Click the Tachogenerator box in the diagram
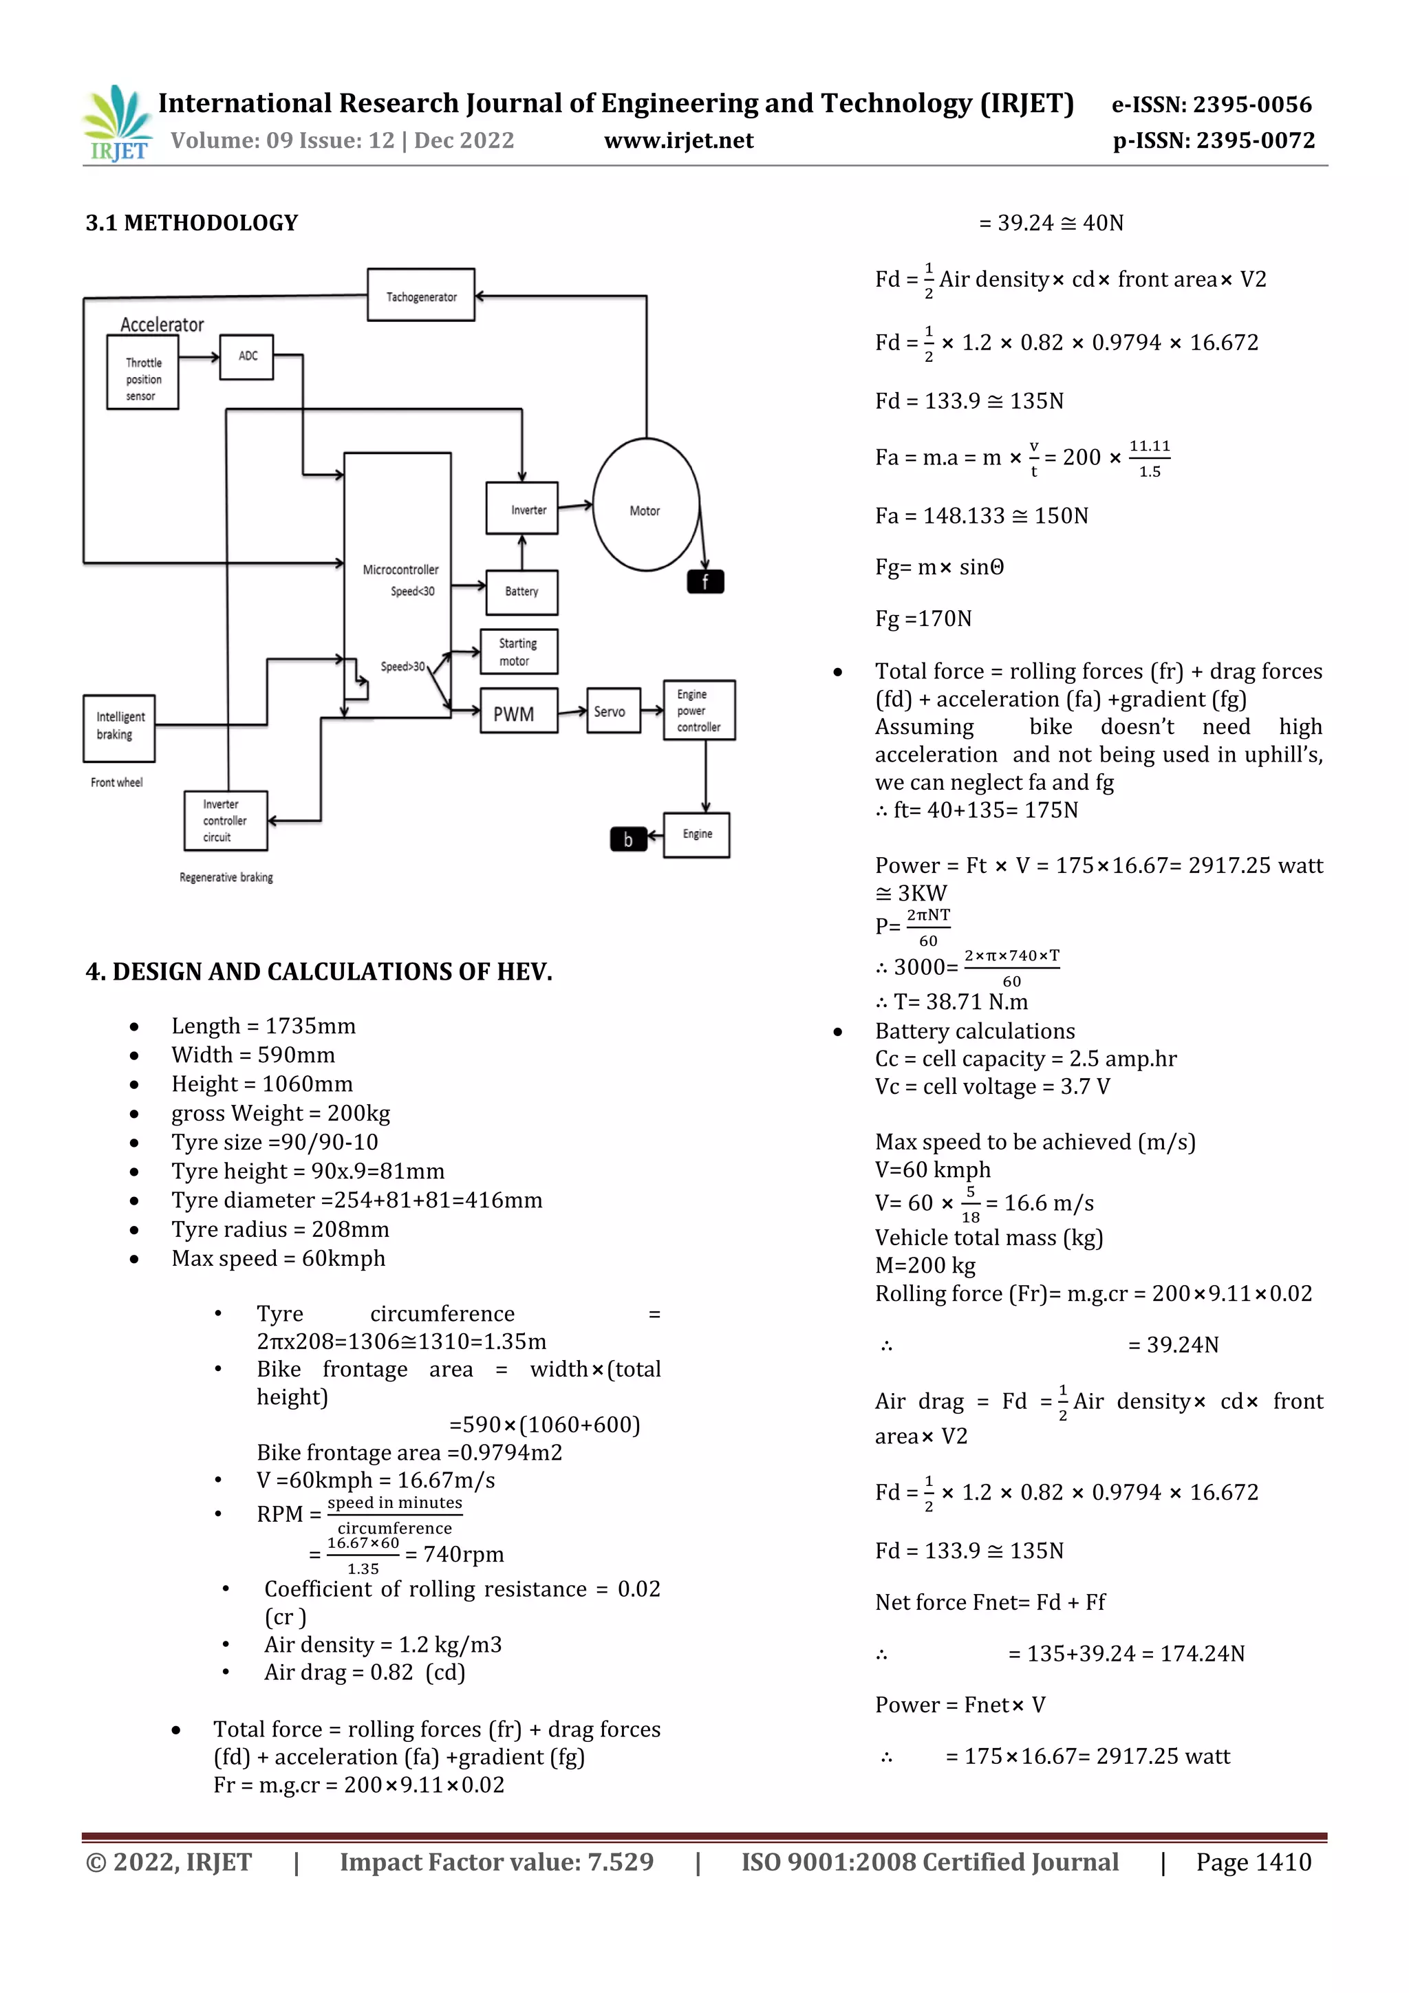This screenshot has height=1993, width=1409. coord(421,295)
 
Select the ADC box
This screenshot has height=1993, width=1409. coord(246,357)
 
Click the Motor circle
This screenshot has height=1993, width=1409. coord(646,505)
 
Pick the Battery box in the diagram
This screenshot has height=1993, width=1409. coord(521,592)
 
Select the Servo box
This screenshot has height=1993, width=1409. coord(613,711)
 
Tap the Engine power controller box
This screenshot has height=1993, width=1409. coord(699,710)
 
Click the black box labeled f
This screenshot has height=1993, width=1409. coord(705,581)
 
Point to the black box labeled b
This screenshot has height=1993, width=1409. coord(627,839)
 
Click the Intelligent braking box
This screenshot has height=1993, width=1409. coord(119,727)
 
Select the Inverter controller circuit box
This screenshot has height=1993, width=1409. coord(225,820)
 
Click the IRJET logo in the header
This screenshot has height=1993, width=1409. coord(117,123)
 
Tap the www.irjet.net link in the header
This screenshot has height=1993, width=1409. coord(679,140)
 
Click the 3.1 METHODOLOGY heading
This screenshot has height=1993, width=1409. coord(192,223)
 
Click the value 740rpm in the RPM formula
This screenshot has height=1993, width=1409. coord(463,1554)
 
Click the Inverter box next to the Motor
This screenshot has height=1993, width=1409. coord(521,508)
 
